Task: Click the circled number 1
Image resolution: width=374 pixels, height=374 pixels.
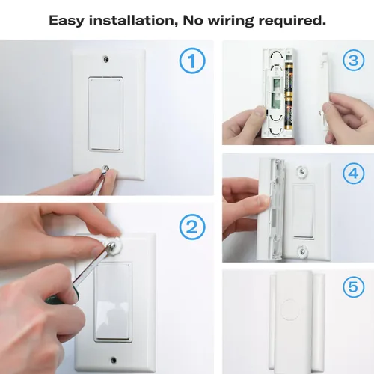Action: pos(192,62)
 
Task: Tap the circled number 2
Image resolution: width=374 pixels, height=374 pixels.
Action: pos(192,225)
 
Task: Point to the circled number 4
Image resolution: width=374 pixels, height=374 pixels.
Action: pos(352,174)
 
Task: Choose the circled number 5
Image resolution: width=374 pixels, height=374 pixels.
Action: pos(352,286)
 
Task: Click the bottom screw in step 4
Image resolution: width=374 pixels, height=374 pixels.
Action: pos(304,248)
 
